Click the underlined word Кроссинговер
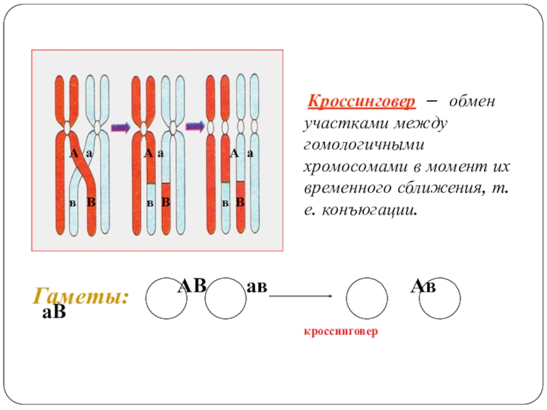click(x=361, y=102)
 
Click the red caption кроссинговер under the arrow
click(x=341, y=330)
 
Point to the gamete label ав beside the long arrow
click(x=256, y=287)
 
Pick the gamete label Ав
click(x=423, y=287)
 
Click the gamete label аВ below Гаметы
click(x=54, y=314)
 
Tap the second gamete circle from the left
click(x=225, y=299)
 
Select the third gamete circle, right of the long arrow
click(x=367, y=299)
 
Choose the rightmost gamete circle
click(x=440, y=299)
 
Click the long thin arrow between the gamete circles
click(x=301, y=296)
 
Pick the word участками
click(x=341, y=124)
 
